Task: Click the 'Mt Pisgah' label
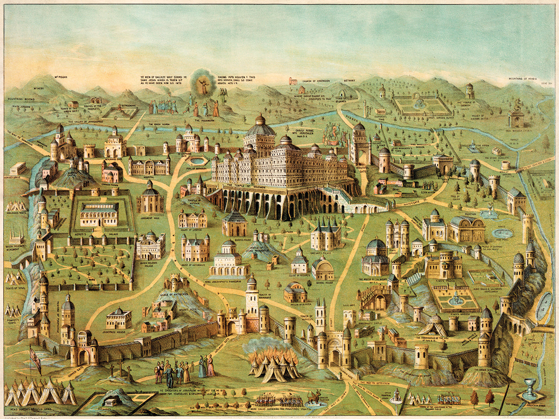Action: point(62,77)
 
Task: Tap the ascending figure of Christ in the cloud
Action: point(204,86)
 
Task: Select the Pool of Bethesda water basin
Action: point(197,161)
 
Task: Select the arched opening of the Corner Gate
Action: point(83,358)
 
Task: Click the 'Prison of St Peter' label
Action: point(296,305)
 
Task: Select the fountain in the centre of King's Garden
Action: point(455,298)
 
